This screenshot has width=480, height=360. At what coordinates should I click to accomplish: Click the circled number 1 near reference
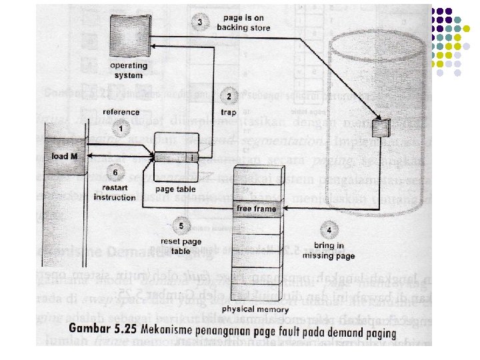[x=121, y=127]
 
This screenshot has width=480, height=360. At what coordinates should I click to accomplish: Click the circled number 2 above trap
[x=229, y=96]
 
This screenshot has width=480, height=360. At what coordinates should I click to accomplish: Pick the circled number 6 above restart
[x=115, y=173]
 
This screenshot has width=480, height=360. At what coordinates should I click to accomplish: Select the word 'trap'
[x=228, y=111]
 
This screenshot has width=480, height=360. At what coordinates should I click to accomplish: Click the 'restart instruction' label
[x=115, y=193]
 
